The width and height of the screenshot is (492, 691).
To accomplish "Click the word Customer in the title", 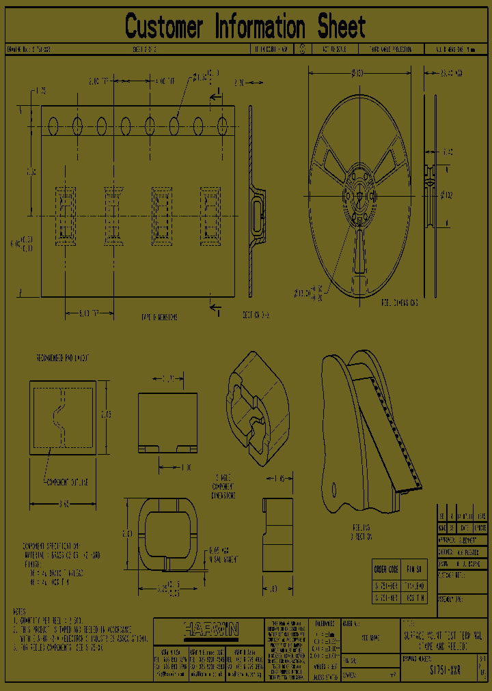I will tap(164, 27).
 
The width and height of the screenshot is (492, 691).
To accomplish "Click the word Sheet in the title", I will tap(341, 27).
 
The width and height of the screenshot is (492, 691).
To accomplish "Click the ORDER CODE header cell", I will tap(386, 569).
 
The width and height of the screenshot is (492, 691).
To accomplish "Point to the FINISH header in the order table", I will tap(415, 569).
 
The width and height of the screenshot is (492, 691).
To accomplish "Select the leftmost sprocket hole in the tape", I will tap(53, 126).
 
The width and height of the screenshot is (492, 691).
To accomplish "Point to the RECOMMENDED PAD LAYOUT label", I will tap(62, 358).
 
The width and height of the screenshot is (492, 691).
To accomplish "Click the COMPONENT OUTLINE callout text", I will tap(66, 482).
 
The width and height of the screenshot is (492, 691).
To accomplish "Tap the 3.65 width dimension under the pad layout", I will tap(63, 504).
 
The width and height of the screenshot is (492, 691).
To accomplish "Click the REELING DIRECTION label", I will tap(361, 532).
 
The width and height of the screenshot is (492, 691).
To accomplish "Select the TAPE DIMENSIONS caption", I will tap(159, 318).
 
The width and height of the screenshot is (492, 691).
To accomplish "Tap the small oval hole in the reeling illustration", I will tap(334, 488).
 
